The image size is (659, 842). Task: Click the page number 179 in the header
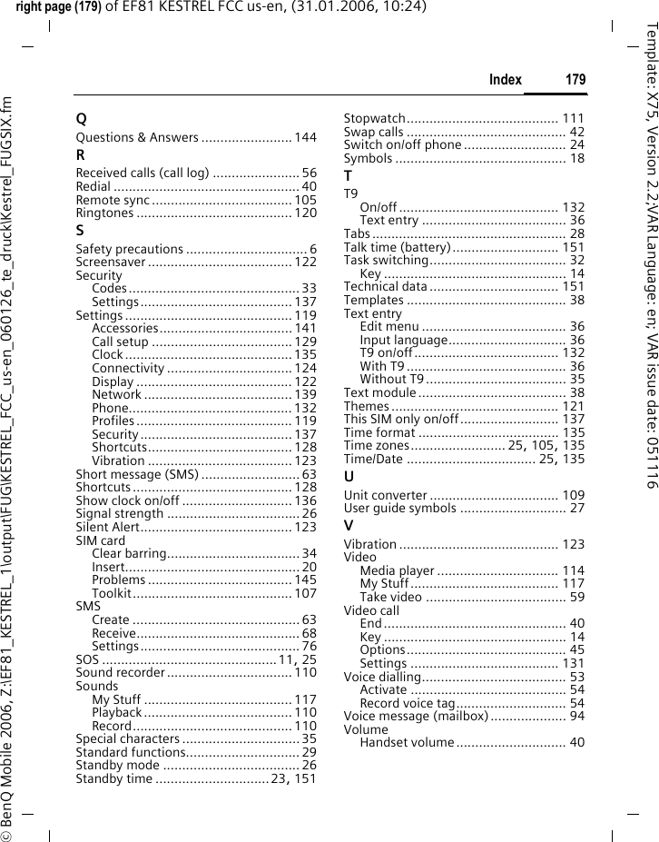[x=575, y=80]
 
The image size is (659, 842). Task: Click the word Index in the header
[x=505, y=80]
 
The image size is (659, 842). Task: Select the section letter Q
[x=82, y=119]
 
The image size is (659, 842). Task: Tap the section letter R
[x=81, y=155]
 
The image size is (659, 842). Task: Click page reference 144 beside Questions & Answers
[x=306, y=137]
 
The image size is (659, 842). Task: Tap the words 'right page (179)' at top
[x=57, y=8]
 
